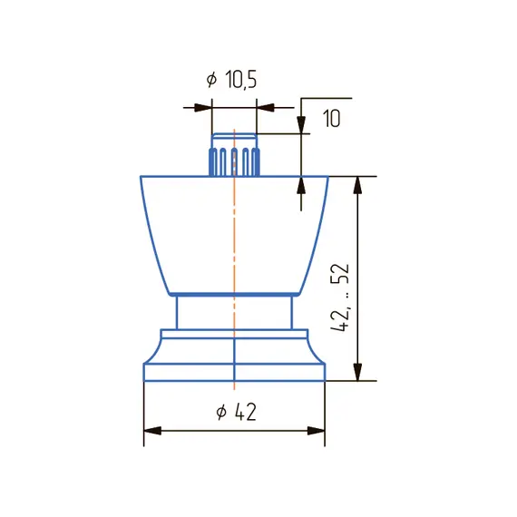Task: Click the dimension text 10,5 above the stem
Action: click(x=241, y=80)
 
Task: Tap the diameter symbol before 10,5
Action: click(x=211, y=80)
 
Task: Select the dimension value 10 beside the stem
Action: click(x=331, y=119)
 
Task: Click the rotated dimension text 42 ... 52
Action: click(x=339, y=298)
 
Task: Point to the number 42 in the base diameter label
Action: click(x=246, y=412)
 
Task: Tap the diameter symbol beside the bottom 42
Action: click(x=221, y=412)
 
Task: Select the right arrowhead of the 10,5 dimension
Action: click(x=266, y=108)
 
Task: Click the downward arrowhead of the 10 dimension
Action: click(x=301, y=124)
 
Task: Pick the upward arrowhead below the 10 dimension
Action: click(x=301, y=186)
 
